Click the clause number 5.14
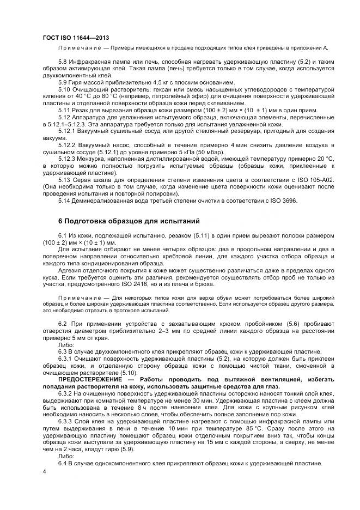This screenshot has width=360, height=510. tap(64, 201)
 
